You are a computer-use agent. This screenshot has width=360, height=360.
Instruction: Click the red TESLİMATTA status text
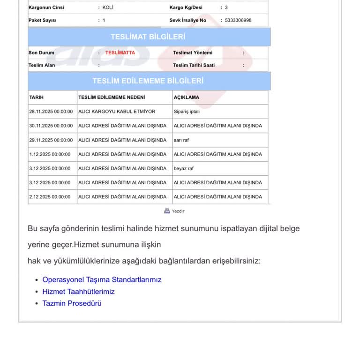click(x=120, y=52)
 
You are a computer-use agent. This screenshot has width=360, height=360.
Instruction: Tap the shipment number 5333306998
click(x=238, y=20)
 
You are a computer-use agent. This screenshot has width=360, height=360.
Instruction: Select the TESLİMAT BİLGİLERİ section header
click(x=148, y=37)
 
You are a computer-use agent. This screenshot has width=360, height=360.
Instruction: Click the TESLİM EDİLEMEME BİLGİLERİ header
click(x=148, y=81)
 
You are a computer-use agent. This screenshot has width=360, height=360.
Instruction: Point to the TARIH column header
click(x=37, y=97)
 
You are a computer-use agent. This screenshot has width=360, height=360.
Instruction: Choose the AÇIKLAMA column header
click(x=187, y=97)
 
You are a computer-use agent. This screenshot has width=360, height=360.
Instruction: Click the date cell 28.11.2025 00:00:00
click(x=51, y=112)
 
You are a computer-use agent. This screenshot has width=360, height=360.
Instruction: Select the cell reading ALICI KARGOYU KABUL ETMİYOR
click(x=117, y=112)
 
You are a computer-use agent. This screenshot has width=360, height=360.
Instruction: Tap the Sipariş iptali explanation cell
click(x=187, y=112)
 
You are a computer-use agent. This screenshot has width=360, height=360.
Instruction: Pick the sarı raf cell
click(x=181, y=140)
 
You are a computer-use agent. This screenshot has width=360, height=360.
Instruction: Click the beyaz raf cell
click(x=184, y=168)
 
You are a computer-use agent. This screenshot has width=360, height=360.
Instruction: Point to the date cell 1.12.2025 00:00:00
click(x=50, y=154)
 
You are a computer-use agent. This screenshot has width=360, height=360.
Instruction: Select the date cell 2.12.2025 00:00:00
click(x=50, y=197)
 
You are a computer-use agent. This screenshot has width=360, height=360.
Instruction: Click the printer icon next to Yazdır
click(x=167, y=211)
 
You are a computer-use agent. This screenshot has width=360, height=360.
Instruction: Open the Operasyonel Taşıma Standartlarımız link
click(x=102, y=279)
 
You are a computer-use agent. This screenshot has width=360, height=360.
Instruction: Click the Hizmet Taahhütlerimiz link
click(x=78, y=292)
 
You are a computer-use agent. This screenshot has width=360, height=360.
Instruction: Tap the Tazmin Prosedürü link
click(x=72, y=303)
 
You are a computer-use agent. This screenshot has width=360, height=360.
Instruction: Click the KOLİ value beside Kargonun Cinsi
click(x=108, y=7)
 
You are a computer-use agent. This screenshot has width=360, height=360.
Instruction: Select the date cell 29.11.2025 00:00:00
click(x=51, y=140)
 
